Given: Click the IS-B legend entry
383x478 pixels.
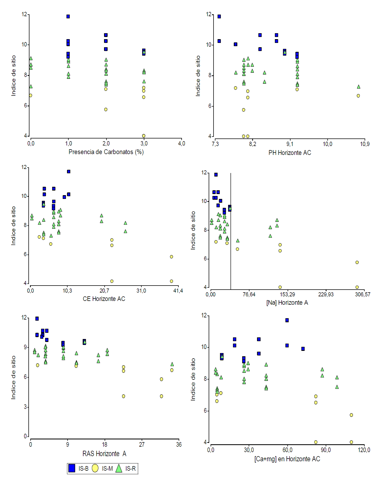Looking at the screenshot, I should pyautogui.click(x=78, y=468).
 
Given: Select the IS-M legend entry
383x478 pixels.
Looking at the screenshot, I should pyautogui.click(x=102, y=468).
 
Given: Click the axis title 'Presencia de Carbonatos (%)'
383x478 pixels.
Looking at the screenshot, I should pyautogui.click(x=106, y=152).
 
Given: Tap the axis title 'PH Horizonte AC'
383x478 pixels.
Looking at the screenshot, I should pyautogui.click(x=290, y=153).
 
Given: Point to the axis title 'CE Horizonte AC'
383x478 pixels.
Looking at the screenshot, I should pyautogui.click(x=104, y=299).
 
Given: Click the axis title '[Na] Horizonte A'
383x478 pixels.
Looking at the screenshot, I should pyautogui.click(x=287, y=303).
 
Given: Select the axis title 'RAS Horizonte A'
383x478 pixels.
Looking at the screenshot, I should pyautogui.click(x=104, y=454).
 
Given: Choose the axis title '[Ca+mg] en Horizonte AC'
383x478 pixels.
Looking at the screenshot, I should pyautogui.click(x=287, y=459).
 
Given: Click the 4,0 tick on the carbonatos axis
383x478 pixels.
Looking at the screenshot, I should pyautogui.click(x=181, y=144).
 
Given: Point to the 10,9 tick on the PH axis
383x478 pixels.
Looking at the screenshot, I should pyautogui.click(x=365, y=144).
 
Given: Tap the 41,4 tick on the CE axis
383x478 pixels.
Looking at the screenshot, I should pyautogui.click(x=178, y=291).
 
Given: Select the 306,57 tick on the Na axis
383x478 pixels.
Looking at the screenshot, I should pyautogui.click(x=362, y=294).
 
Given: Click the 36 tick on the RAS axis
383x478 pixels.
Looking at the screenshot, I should pyautogui.click(x=179, y=445).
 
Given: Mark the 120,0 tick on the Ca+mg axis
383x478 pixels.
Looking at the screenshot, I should pyautogui.click(x=364, y=450).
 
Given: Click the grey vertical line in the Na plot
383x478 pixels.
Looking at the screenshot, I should pyautogui.click(x=231, y=243).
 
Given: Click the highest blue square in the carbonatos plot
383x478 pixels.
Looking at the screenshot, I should pyautogui.click(x=68, y=16).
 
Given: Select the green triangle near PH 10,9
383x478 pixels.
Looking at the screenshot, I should pyautogui.click(x=358, y=87).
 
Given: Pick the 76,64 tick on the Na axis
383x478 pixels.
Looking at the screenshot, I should pyautogui.click(x=249, y=294).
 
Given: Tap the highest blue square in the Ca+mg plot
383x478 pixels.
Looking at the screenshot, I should pyautogui.click(x=287, y=320).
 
